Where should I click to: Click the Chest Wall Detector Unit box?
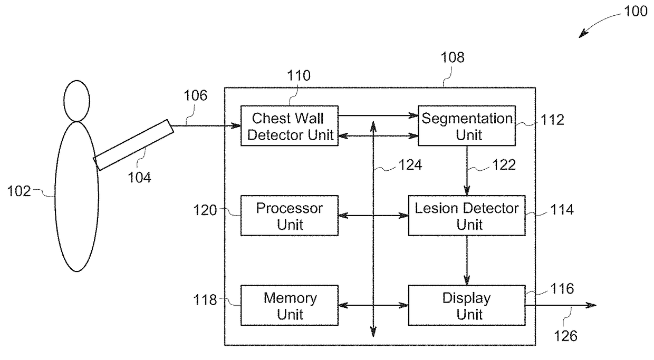click(289, 125)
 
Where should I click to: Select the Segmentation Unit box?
click(466, 125)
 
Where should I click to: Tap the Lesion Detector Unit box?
click(466, 216)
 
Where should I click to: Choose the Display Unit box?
click(466, 305)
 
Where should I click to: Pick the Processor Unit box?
click(289, 216)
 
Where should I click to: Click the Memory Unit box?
click(289, 305)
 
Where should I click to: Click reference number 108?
click(453, 57)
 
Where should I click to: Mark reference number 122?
click(503, 165)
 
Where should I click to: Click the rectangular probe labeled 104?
click(133, 145)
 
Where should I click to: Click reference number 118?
click(205, 300)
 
